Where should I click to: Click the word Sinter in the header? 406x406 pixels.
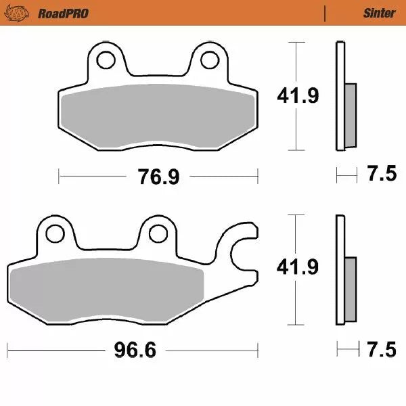click(x=379, y=14)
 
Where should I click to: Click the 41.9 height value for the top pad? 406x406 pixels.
click(x=297, y=97)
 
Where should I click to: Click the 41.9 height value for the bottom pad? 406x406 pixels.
click(x=297, y=268)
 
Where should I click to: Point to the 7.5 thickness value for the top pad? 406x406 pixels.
click(x=382, y=175)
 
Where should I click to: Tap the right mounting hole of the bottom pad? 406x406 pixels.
click(x=158, y=233)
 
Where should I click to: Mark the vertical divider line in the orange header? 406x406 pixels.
click(x=325, y=14)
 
